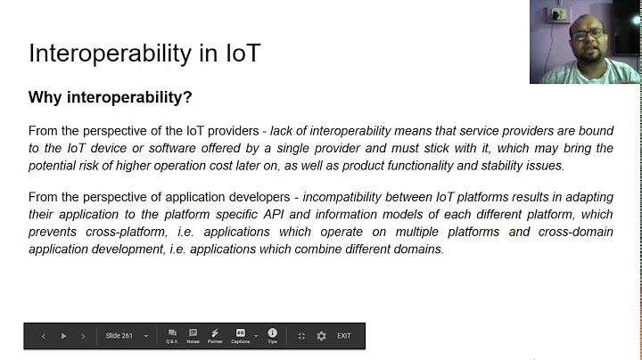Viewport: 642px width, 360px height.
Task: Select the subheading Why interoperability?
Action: (111, 97)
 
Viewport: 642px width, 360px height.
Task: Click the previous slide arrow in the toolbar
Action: (44, 336)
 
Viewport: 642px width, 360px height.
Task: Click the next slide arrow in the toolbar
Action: (83, 336)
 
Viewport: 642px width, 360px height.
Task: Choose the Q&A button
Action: (171, 335)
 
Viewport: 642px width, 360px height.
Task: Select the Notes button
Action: (193, 335)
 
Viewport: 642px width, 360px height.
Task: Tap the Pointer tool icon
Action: (215, 335)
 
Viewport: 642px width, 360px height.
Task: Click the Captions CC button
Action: (240, 335)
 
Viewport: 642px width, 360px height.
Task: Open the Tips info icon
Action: (272, 335)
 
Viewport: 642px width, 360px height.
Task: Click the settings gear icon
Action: (321, 336)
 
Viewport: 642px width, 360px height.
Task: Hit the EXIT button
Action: (344, 336)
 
